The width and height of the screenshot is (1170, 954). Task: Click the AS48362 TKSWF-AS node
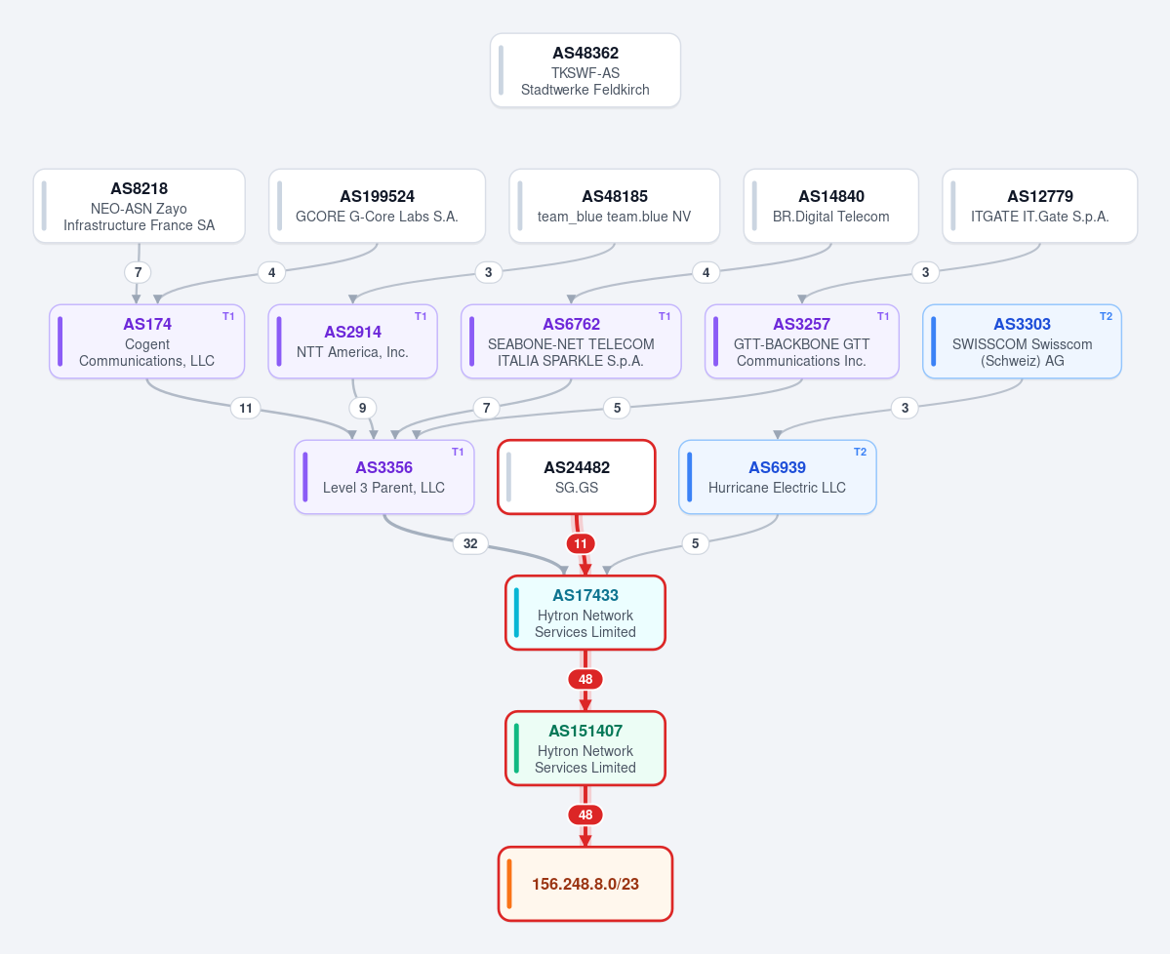click(x=585, y=70)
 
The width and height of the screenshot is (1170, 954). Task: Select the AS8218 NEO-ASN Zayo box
click(x=139, y=206)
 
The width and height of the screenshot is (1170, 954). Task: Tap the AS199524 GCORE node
click(x=377, y=206)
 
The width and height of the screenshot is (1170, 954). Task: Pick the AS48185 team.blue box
click(x=614, y=206)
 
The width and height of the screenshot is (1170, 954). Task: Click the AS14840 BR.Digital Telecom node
click(x=831, y=206)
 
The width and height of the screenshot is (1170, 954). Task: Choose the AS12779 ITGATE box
click(x=1040, y=206)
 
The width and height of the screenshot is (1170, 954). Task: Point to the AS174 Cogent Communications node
click(x=147, y=341)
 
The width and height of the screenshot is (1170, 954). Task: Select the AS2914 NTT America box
click(x=353, y=341)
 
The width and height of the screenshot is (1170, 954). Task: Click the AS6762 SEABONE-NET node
click(x=571, y=341)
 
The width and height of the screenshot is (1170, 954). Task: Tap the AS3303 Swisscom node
click(x=1023, y=341)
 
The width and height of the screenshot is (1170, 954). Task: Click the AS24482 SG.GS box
click(x=577, y=477)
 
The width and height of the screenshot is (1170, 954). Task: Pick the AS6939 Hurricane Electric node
click(x=778, y=477)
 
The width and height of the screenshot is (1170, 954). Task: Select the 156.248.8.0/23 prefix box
click(x=585, y=884)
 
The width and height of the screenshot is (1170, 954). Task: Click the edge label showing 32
click(x=470, y=543)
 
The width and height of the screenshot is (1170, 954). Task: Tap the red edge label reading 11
click(x=581, y=543)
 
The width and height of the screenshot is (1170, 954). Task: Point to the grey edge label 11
click(x=246, y=408)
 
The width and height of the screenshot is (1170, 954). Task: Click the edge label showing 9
click(x=363, y=408)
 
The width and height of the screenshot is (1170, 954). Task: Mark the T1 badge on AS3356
click(x=459, y=452)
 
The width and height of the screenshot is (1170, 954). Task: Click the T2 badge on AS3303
click(x=1106, y=316)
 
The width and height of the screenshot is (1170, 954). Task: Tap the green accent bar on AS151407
click(x=516, y=748)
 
